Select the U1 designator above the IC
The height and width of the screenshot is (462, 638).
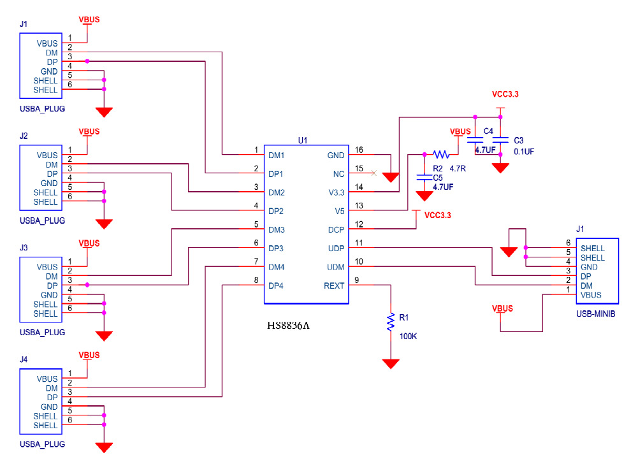click(303, 140)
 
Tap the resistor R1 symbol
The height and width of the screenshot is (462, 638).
click(390, 322)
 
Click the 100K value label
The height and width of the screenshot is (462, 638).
click(408, 336)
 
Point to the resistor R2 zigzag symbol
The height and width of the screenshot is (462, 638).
click(441, 154)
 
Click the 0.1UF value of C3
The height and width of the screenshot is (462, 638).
click(523, 152)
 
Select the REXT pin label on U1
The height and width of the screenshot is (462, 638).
click(334, 285)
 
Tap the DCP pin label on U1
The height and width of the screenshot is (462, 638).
click(336, 229)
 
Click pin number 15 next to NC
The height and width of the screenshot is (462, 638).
click(359, 169)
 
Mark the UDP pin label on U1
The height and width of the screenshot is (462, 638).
click(336, 248)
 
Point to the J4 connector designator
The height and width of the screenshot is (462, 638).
click(24, 359)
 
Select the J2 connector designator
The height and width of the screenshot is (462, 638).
click(24, 136)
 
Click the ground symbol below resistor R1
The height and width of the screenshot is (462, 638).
click(390, 363)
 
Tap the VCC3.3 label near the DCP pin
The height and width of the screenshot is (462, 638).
click(437, 215)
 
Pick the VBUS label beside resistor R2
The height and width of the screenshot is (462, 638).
click(460, 132)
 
